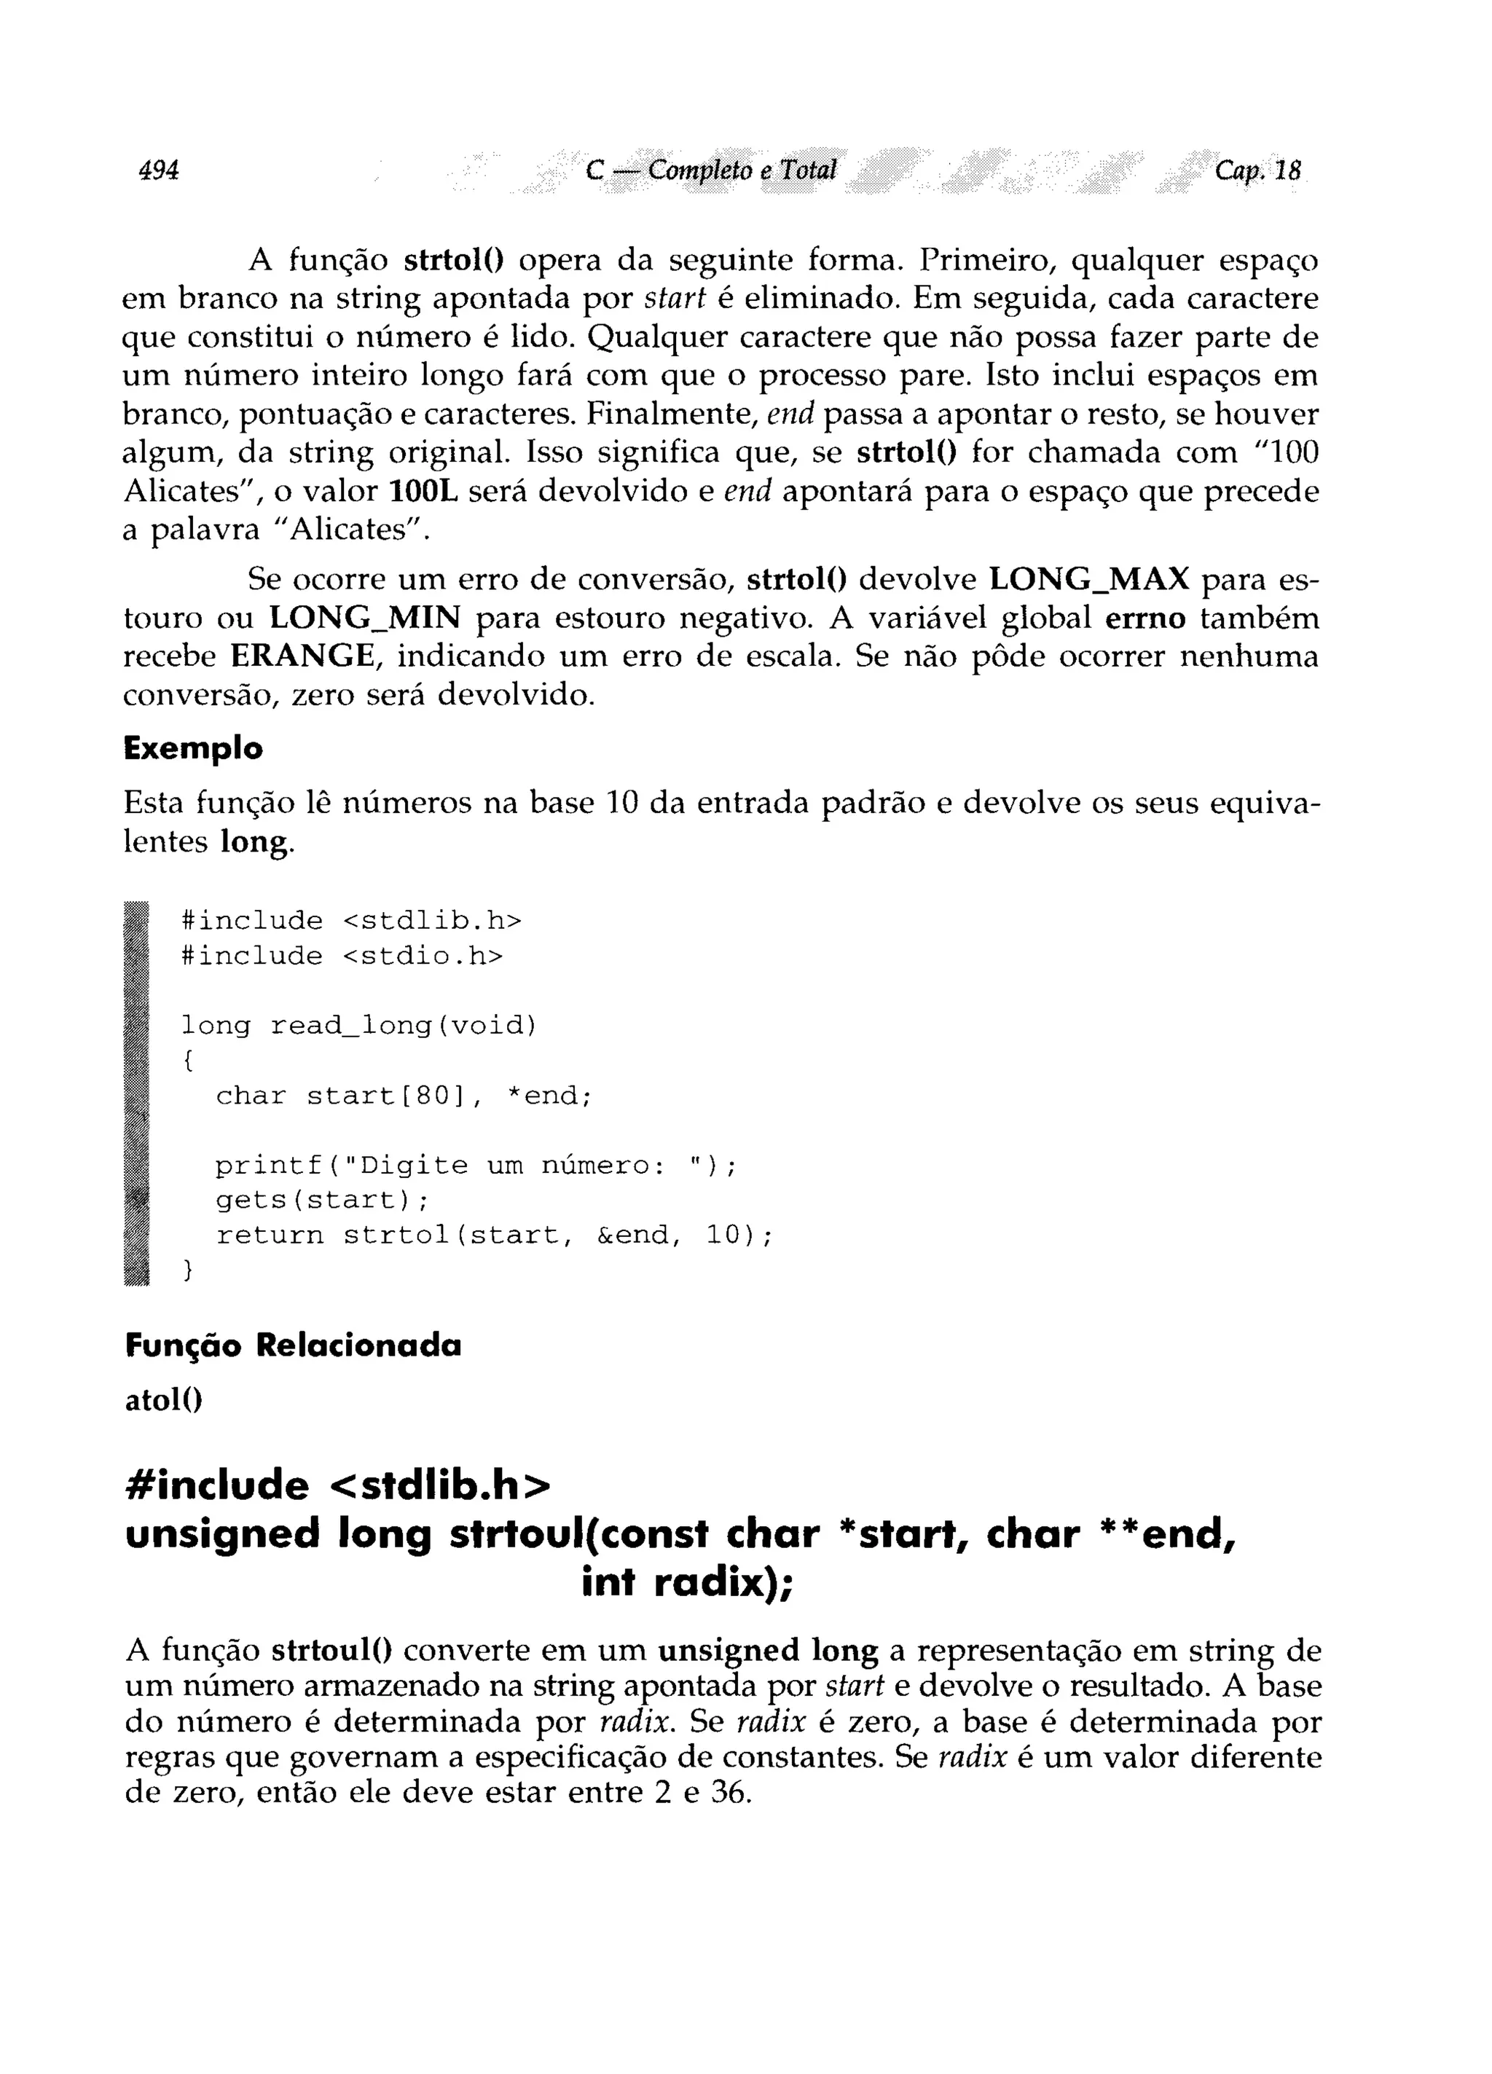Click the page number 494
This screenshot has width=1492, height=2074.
coord(158,170)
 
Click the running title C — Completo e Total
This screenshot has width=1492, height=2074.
coord(711,170)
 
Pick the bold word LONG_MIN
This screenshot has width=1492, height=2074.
coord(364,618)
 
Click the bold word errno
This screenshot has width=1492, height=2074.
coord(1145,618)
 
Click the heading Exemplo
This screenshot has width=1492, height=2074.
coord(193,749)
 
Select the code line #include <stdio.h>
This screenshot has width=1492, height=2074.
coord(342,957)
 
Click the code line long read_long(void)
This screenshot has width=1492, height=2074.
coord(358,1026)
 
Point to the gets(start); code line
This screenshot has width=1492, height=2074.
coord(322,1199)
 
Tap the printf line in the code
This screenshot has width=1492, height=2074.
coord(476,1165)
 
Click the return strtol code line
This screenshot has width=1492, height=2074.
coord(494,1236)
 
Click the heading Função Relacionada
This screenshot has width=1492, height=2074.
coord(293,1346)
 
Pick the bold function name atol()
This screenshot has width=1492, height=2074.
coord(163,1399)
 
